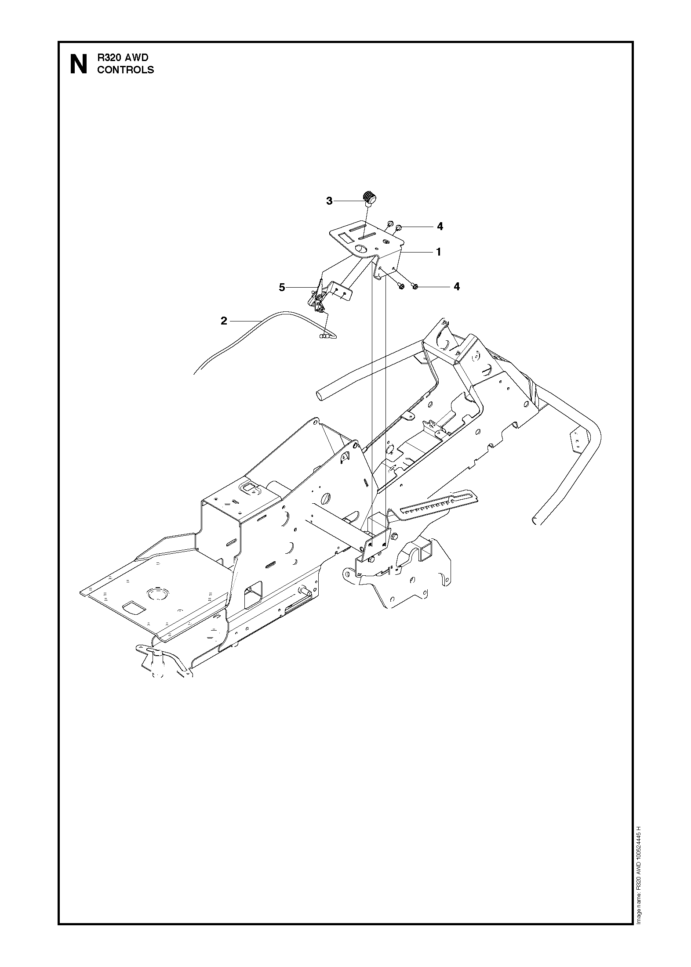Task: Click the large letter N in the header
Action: tap(79, 65)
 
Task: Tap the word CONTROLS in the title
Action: tap(125, 70)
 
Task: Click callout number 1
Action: tap(438, 252)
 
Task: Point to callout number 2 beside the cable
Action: tap(224, 321)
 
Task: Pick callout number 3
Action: tap(329, 201)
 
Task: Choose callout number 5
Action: tap(282, 288)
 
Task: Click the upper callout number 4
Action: tap(440, 227)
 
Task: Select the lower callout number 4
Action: tap(457, 286)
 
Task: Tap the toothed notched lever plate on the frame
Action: tap(438, 503)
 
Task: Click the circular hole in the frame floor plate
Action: tap(155, 594)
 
